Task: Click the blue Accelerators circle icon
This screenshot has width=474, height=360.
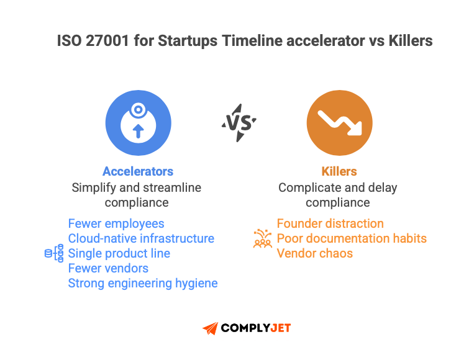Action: pyautogui.click(x=138, y=122)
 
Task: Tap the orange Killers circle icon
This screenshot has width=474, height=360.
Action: pyautogui.click(x=339, y=122)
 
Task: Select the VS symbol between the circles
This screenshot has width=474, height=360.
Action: pyautogui.click(x=239, y=122)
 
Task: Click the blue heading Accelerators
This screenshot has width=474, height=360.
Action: pyautogui.click(x=138, y=171)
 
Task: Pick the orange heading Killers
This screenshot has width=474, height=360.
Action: pyautogui.click(x=339, y=171)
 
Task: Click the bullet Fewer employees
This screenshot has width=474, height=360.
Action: pyautogui.click(x=116, y=223)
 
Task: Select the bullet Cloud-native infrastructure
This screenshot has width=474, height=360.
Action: pyautogui.click(x=141, y=238)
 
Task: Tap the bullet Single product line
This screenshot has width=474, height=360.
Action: pyautogui.click(x=119, y=253)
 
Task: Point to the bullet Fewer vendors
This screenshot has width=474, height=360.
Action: pyautogui.click(x=108, y=268)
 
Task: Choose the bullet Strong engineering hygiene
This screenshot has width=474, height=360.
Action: pyautogui.click(x=143, y=283)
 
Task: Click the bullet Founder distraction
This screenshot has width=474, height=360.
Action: pyautogui.click(x=330, y=223)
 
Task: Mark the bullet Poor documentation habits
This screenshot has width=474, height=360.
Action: pyautogui.click(x=352, y=238)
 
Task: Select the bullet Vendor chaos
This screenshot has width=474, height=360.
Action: pyautogui.click(x=314, y=253)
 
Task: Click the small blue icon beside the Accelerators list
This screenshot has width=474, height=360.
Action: pyautogui.click(x=54, y=253)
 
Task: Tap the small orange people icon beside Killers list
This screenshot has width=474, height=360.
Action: pyautogui.click(x=263, y=238)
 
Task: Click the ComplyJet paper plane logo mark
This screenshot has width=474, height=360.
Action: pyautogui.click(x=211, y=328)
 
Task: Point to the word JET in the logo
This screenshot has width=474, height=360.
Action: pyautogui.click(x=277, y=328)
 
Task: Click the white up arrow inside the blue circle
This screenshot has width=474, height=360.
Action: pyautogui.click(x=138, y=130)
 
